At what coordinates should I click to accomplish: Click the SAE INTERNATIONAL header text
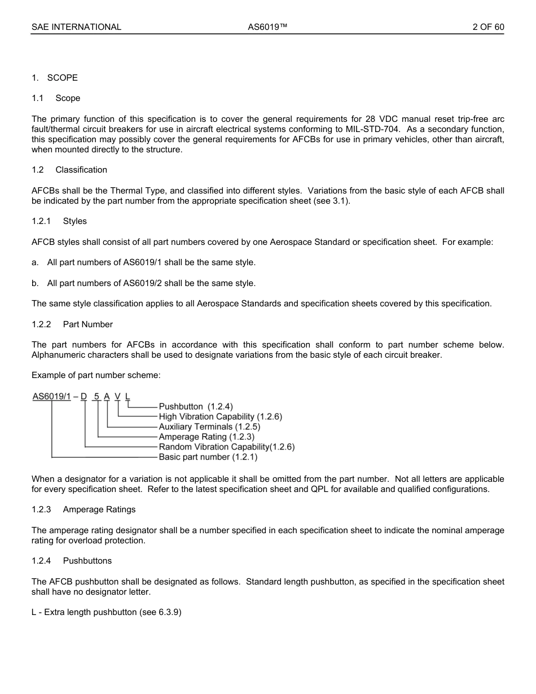click(76, 27)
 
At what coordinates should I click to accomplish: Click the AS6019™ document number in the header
click(268, 27)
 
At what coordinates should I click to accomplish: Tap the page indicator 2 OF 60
click(488, 27)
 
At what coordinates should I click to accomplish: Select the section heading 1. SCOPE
click(55, 78)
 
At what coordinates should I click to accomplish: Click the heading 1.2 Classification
click(69, 170)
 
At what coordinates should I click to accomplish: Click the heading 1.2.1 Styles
click(59, 221)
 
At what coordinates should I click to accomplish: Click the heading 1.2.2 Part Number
click(72, 324)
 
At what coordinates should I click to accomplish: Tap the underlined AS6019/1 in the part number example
click(51, 396)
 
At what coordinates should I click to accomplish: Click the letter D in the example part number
click(84, 396)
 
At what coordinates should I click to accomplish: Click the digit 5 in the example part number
click(96, 396)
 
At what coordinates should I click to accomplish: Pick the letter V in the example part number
click(117, 396)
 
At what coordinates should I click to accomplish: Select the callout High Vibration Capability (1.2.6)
click(220, 416)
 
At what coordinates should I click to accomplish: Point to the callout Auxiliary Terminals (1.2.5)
click(209, 427)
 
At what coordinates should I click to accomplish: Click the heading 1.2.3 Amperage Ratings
click(84, 509)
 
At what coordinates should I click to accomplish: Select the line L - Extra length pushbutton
click(106, 612)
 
